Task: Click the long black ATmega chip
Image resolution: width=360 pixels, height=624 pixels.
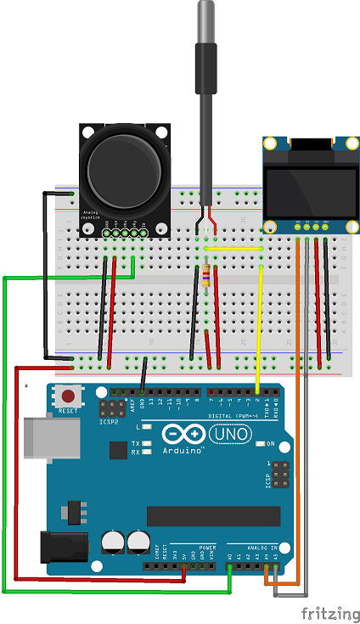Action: [x=213, y=516]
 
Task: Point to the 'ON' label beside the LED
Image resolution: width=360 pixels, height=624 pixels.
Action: [x=271, y=444]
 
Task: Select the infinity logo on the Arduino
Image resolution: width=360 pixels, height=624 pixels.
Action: [x=180, y=435]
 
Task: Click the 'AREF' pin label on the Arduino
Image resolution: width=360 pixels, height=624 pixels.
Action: [x=132, y=405]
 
